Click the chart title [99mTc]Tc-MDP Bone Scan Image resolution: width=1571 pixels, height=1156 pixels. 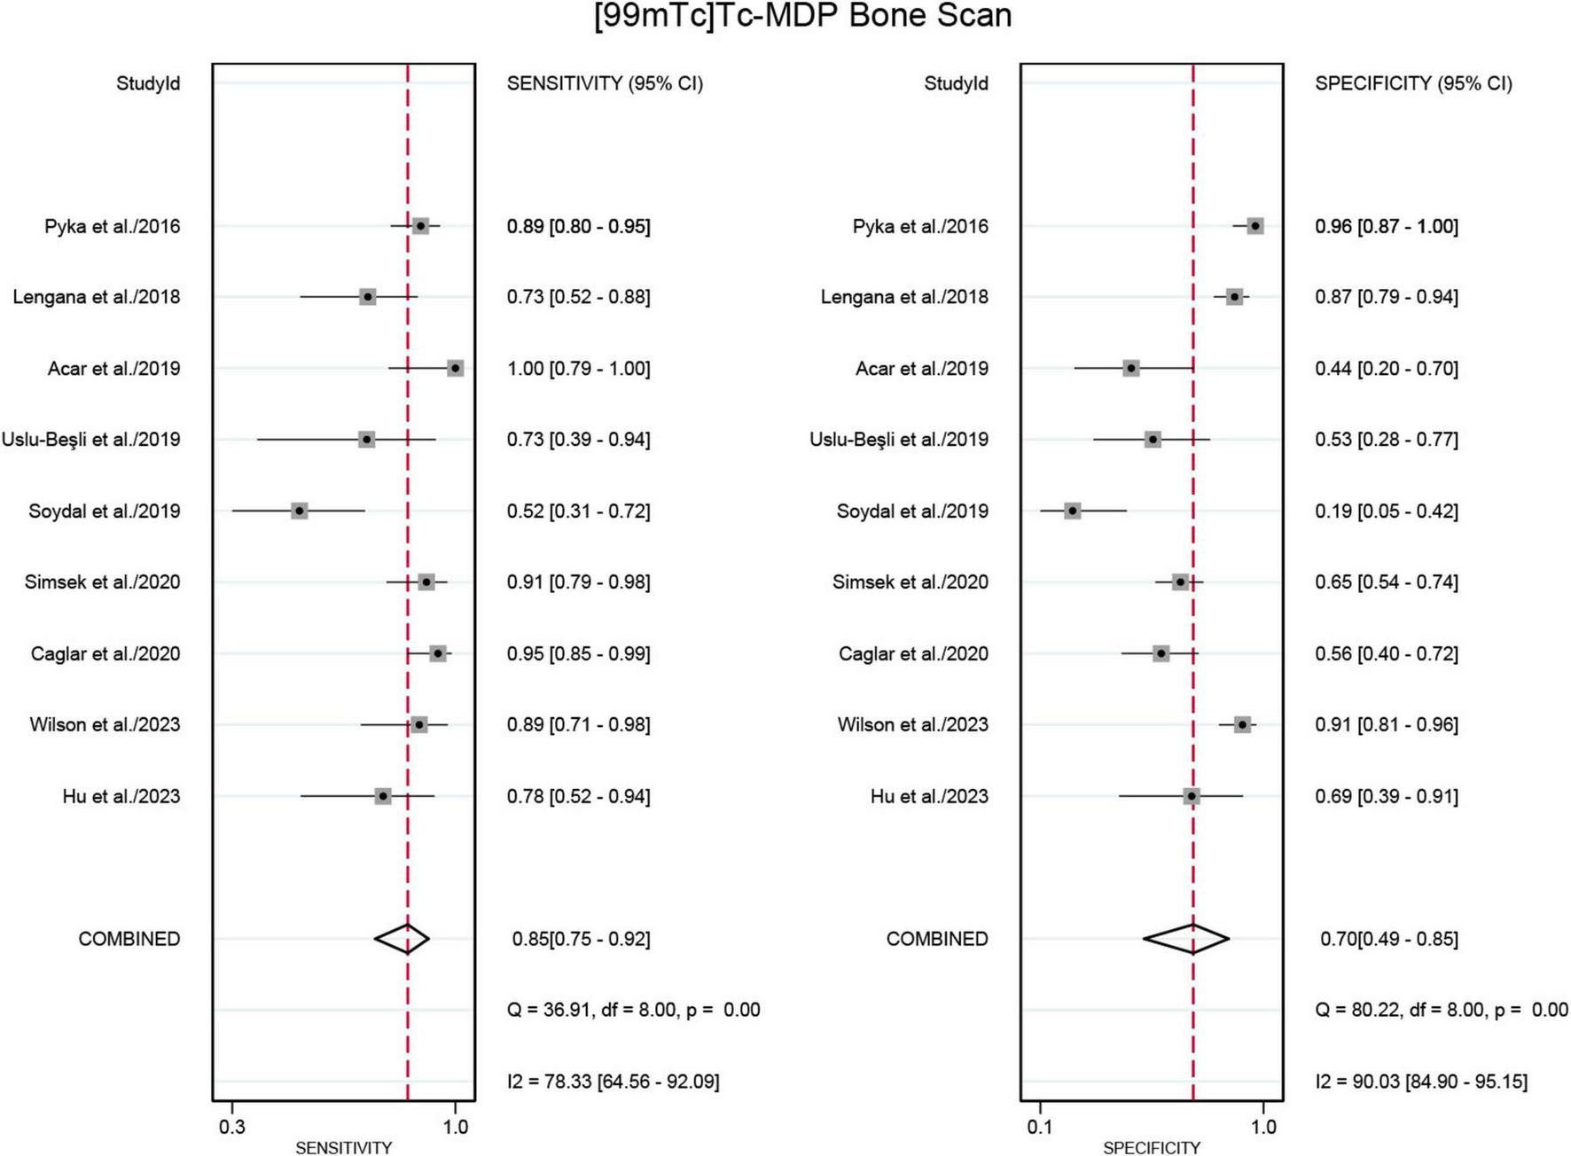tap(802, 16)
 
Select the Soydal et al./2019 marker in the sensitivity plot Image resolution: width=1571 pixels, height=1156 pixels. tap(300, 511)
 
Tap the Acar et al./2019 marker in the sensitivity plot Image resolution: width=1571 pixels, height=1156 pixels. tap(455, 368)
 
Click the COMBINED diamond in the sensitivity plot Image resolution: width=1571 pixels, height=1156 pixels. tap(403, 938)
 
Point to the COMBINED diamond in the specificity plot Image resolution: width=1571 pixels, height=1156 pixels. tap(1186, 938)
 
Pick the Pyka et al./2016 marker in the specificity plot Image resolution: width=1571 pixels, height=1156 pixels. tap(1254, 226)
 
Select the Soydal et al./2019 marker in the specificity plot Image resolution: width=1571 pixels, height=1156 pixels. tap(1073, 511)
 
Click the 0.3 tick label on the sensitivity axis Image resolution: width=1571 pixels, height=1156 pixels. tap(232, 1127)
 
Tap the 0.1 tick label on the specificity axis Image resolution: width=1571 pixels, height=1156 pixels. tap(1040, 1127)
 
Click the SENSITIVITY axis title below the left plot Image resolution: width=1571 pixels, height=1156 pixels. tap(343, 1148)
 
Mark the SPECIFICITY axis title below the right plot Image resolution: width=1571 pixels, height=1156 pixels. tap(1151, 1148)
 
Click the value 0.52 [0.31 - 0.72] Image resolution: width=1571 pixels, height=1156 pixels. tap(578, 511)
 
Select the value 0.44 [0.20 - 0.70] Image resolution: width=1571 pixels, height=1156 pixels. tap(1386, 368)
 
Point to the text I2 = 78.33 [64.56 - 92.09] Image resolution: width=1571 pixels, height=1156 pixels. tap(613, 1081)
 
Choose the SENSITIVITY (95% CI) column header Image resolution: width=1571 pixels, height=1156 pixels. tap(605, 83)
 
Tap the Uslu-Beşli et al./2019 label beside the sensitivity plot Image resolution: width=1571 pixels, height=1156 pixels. tap(90, 440)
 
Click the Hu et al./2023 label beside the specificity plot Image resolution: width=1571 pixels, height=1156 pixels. tap(929, 796)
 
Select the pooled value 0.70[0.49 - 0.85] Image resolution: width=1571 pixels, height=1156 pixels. tap(1388, 938)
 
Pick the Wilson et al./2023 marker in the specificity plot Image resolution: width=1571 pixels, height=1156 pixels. tap(1242, 724)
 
